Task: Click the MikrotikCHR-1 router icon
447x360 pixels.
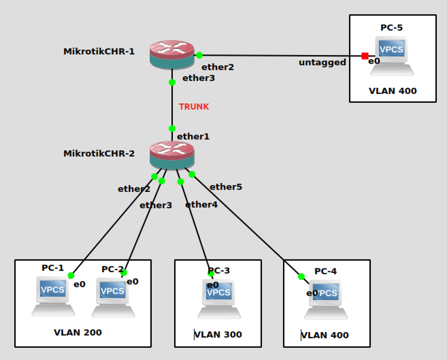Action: click(172, 54)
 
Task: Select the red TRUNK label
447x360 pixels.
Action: click(194, 107)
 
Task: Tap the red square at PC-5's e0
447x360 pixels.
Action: click(365, 56)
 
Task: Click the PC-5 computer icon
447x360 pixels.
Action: click(392, 56)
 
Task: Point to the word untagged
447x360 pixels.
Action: click(322, 63)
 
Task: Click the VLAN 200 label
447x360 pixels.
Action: click(78, 332)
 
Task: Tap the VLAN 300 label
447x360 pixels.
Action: click(218, 335)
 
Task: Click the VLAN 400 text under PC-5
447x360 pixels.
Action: click(393, 91)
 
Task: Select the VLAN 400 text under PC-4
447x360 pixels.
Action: click(325, 335)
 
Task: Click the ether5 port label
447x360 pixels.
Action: click(226, 187)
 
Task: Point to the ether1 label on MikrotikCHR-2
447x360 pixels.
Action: click(193, 136)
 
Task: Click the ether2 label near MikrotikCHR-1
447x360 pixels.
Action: click(218, 67)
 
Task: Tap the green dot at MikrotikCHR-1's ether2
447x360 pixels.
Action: click(199, 55)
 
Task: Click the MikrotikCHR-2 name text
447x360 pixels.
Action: click(99, 153)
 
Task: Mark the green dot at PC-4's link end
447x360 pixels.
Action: click(301, 276)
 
